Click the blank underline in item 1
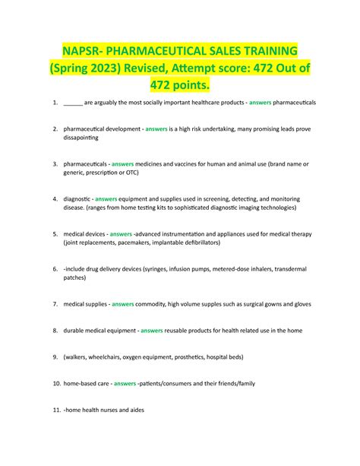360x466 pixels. point(74,102)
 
